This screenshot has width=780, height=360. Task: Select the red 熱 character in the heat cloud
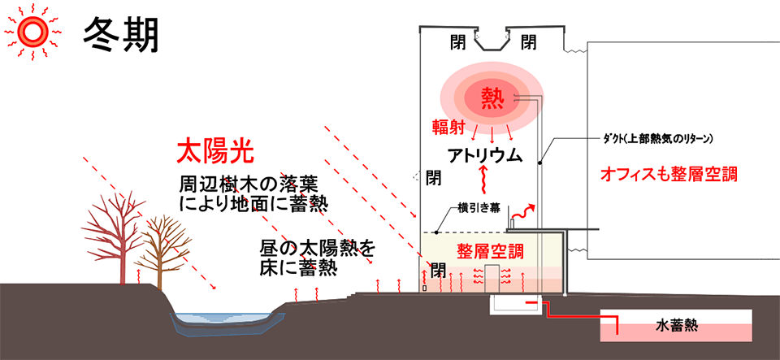coord(493,99)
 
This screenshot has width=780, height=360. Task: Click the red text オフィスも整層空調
coord(669,174)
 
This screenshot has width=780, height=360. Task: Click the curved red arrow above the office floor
coord(525,212)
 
